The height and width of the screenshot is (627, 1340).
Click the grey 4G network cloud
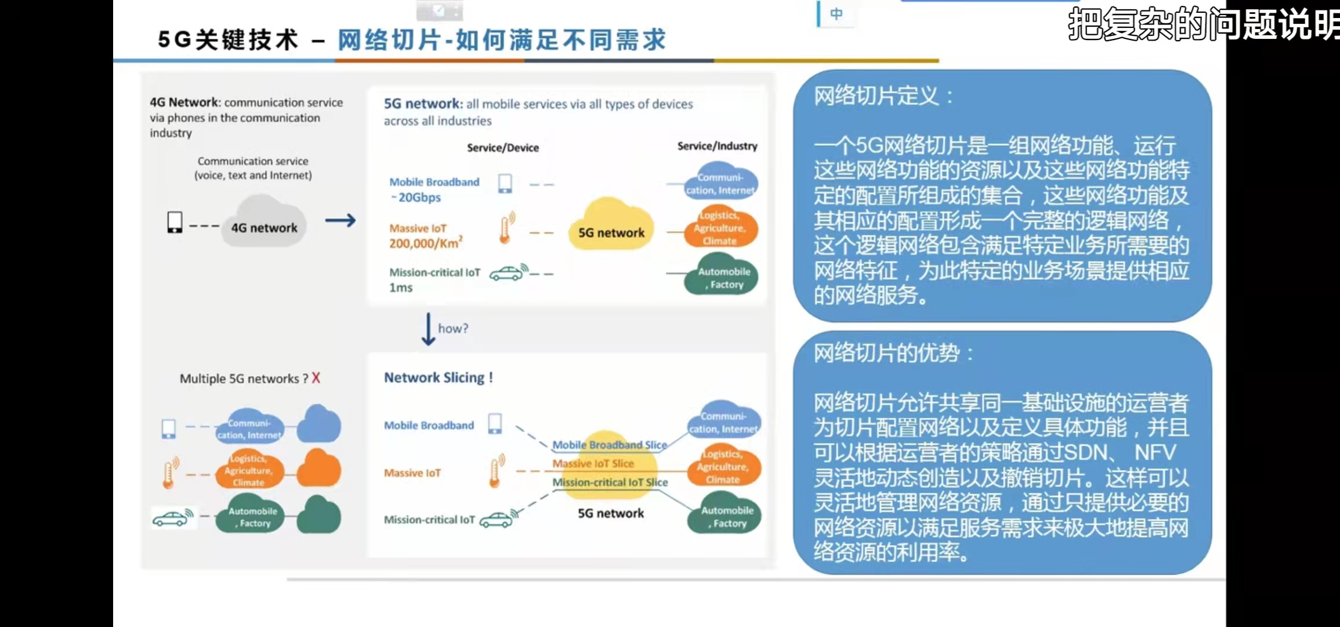pyautogui.click(x=264, y=223)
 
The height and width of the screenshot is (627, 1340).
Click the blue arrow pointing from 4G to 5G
pyautogui.click(x=341, y=221)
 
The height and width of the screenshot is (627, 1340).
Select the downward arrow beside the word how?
pyautogui.click(x=428, y=329)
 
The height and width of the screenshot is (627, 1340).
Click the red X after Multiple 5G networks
pyautogui.click(x=316, y=378)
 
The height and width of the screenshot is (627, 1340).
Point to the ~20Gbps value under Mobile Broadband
pyautogui.click(x=416, y=197)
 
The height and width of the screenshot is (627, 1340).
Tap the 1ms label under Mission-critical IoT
pyautogui.click(x=401, y=287)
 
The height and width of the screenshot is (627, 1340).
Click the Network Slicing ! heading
pyautogui.click(x=439, y=377)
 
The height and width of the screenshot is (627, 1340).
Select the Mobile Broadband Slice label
pyautogui.click(x=609, y=445)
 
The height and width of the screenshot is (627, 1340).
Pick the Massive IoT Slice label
pyautogui.click(x=593, y=463)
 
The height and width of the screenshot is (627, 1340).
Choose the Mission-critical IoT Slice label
pyautogui.click(x=610, y=482)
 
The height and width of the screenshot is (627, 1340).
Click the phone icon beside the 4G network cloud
pyautogui.click(x=175, y=222)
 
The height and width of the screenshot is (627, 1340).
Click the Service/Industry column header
pyautogui.click(x=717, y=146)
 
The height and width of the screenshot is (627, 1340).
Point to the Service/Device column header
pyautogui.click(x=503, y=147)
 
